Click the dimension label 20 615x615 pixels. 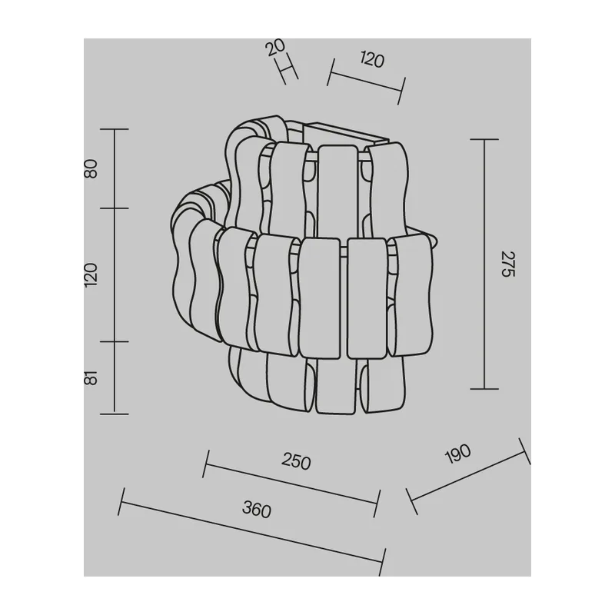[275, 48]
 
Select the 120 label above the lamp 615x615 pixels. [372, 60]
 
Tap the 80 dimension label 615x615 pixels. [91, 168]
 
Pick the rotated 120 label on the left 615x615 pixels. [91, 275]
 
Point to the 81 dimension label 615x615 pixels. [91, 377]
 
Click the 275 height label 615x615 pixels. [508, 264]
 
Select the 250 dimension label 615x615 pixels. [296, 460]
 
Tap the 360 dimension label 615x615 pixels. [257, 509]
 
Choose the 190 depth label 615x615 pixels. [458, 454]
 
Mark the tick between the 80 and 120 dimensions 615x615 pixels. [114, 208]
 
